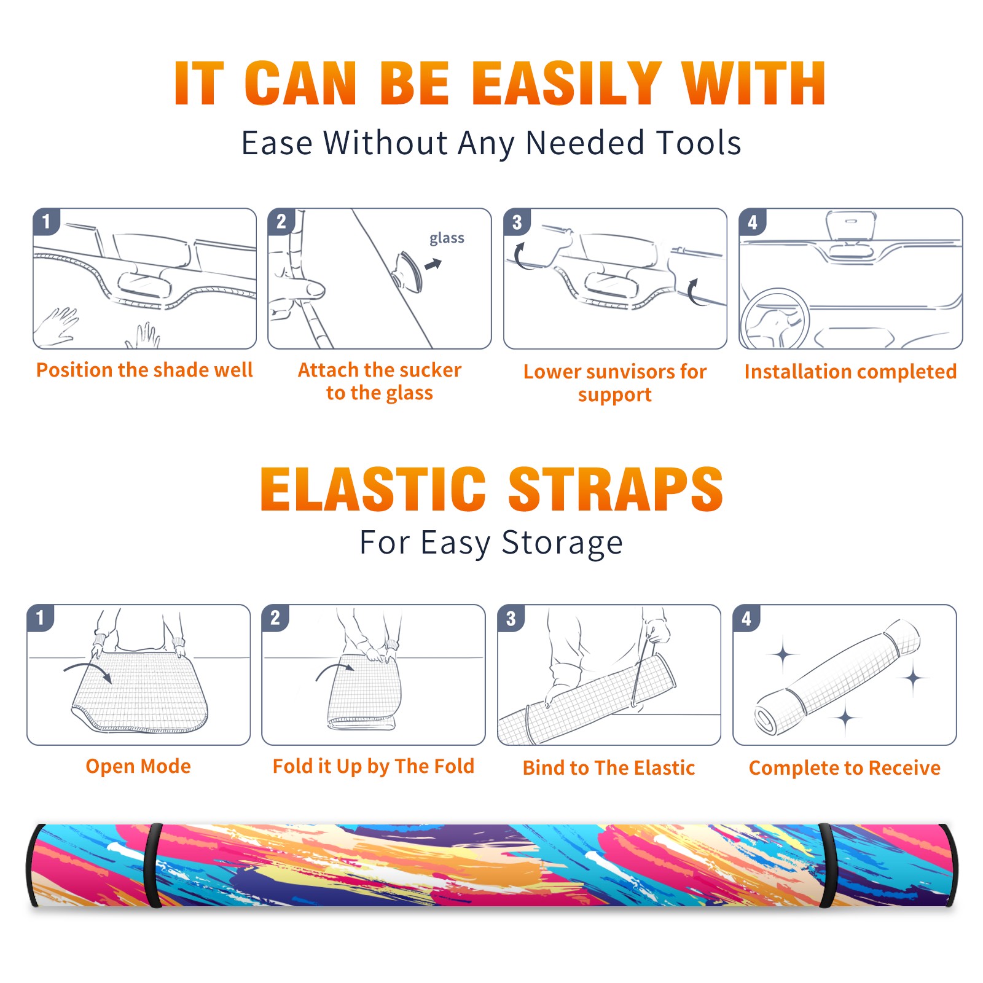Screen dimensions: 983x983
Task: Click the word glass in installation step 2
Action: [x=447, y=238]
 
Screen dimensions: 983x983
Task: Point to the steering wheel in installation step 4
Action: [x=775, y=319]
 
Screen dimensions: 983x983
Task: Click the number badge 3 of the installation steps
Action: [x=517, y=222]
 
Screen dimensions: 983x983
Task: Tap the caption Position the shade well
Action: [x=144, y=370]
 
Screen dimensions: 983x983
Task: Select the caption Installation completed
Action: [x=850, y=372]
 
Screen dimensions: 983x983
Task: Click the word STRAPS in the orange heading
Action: [x=616, y=489]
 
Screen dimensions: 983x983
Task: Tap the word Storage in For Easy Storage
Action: [x=562, y=543]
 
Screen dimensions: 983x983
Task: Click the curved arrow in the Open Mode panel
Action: [x=88, y=671]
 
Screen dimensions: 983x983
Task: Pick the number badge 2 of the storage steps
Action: [x=275, y=617]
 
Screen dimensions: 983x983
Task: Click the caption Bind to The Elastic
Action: [x=608, y=768]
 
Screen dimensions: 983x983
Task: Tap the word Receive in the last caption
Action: [x=904, y=768]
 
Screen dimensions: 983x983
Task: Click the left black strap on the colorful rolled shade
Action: [x=153, y=865]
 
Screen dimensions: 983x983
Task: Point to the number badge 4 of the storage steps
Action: [x=746, y=618]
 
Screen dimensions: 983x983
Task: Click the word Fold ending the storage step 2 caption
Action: [x=454, y=766]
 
